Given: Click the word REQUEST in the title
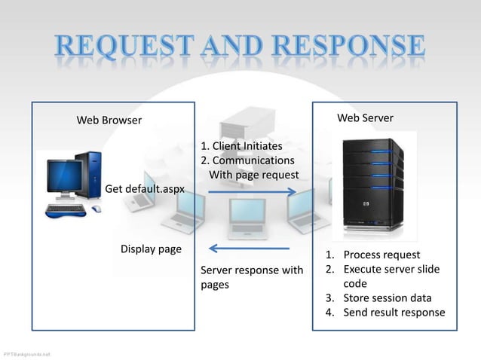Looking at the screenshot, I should pos(128,47).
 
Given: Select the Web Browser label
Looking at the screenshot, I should pos(109,121).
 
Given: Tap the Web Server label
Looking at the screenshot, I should pos(365,118).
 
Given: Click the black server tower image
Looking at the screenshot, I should pos(371,185).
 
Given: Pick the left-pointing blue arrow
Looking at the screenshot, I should pos(248,249).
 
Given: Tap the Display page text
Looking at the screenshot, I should pos(151,249).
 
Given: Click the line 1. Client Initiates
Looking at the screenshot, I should pos(241,146).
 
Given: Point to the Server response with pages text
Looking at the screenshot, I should pos(252,277).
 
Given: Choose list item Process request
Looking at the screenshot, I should pos(381,255).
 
